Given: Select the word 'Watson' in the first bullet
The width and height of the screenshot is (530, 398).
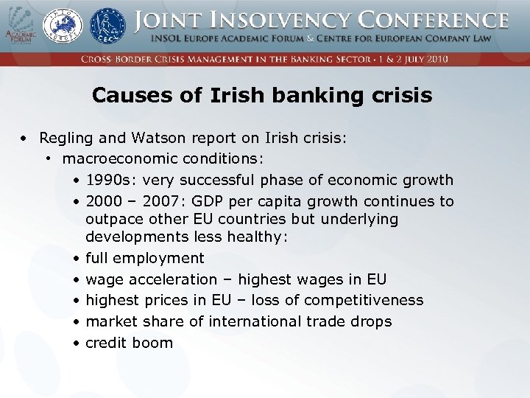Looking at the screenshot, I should (x=149, y=138).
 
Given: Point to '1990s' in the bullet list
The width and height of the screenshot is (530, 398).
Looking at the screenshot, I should (x=106, y=180).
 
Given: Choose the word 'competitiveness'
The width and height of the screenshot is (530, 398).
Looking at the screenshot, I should (x=364, y=300).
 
